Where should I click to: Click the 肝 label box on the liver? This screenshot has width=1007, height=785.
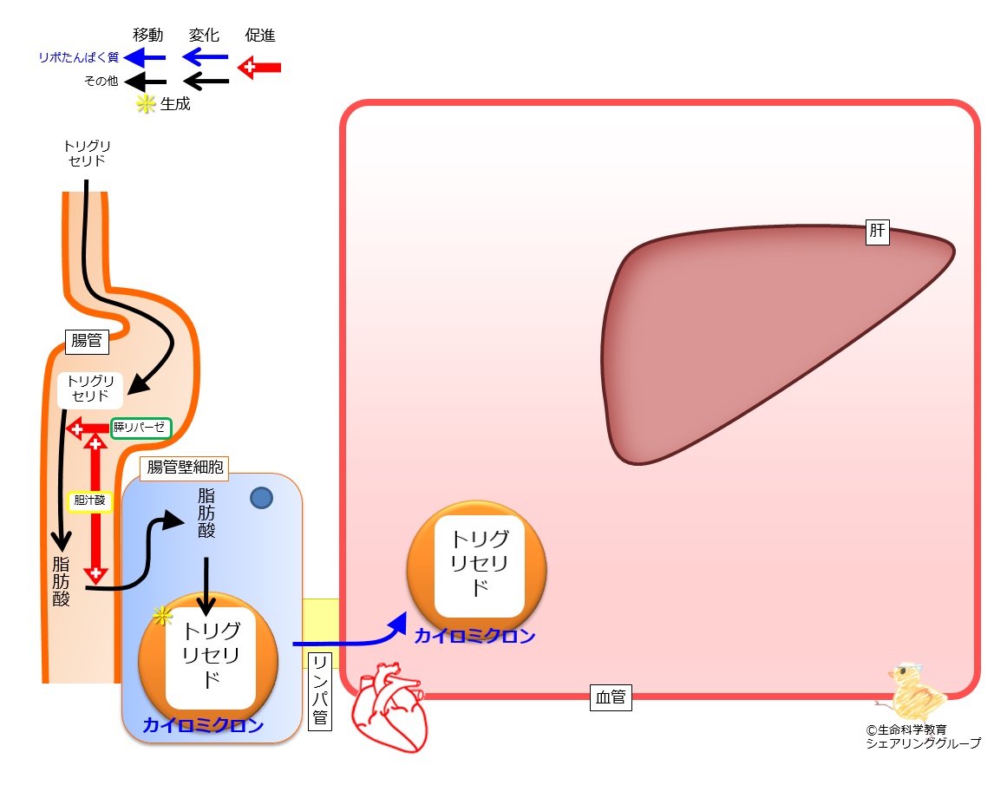tap(877, 232)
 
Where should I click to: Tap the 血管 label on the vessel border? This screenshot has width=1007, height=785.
tap(611, 697)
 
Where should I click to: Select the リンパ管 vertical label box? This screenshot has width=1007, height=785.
tap(320, 690)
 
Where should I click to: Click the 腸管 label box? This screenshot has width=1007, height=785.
tap(88, 341)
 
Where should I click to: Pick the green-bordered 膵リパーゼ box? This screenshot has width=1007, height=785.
tap(141, 428)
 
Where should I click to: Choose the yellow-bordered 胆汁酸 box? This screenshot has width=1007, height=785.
tap(90, 500)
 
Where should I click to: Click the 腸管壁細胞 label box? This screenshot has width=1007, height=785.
tap(185, 468)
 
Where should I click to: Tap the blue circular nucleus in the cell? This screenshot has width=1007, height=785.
tap(261, 498)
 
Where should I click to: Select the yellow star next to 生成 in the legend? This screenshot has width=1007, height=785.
tap(146, 104)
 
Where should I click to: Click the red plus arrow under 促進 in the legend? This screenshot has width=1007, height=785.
tap(259, 68)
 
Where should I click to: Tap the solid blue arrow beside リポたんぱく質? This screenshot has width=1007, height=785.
tap(145, 58)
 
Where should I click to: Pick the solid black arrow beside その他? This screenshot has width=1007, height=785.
tap(145, 82)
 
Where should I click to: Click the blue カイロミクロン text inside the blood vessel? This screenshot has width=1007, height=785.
tap(475, 636)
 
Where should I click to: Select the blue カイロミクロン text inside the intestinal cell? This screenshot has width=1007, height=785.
tap(203, 725)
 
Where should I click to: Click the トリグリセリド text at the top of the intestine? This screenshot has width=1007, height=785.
tap(87, 154)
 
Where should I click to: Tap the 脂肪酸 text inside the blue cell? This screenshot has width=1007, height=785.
tap(206, 514)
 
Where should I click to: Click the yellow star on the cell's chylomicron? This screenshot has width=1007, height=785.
tap(162, 616)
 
